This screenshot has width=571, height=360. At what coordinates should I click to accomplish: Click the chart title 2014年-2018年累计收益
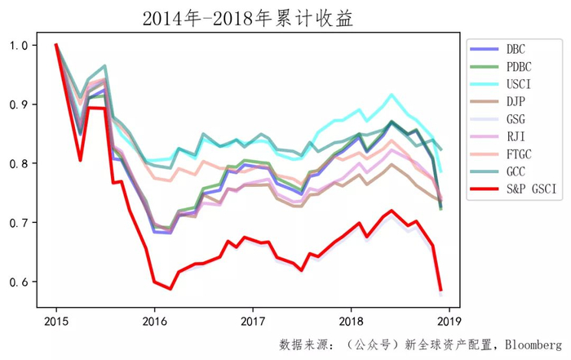pyautogui.click(x=248, y=18)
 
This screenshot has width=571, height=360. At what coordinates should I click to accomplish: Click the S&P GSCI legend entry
pyautogui.click(x=513, y=189)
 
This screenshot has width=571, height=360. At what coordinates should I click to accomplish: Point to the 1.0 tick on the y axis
pyautogui.click(x=19, y=45)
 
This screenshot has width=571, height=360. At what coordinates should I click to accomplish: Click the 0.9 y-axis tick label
pyautogui.click(x=19, y=104)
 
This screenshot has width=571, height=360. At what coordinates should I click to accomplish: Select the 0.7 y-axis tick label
pyautogui.click(x=19, y=223)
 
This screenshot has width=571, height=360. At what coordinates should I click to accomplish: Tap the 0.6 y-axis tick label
pyautogui.click(x=19, y=282)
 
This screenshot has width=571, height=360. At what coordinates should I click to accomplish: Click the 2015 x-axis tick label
pyautogui.click(x=56, y=322)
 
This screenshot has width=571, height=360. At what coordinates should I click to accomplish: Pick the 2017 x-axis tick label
pyautogui.click(x=253, y=322)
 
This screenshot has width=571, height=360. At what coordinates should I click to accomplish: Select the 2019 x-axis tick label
pyautogui.click(x=449, y=322)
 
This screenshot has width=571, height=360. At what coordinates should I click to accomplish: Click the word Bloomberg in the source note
pyautogui.click(x=533, y=345)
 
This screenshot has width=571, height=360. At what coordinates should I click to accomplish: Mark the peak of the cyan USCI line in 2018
pyautogui.click(x=392, y=95)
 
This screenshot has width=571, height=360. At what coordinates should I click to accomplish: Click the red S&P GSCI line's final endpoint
pyautogui.click(x=441, y=291)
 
